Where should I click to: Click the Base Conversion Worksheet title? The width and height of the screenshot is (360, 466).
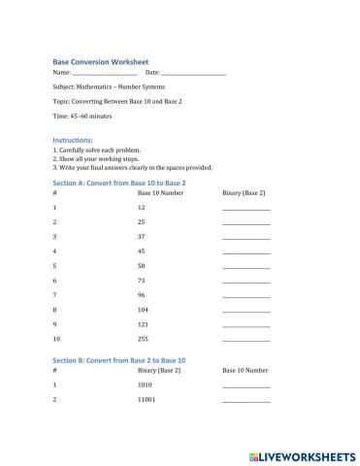tap(100, 60)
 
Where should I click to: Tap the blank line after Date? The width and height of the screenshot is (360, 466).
tap(193, 74)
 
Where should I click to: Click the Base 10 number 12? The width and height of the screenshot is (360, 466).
tap(142, 208)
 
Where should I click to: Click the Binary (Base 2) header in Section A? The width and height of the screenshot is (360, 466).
tap(244, 193)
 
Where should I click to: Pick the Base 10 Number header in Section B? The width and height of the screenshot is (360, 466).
tap(245, 371)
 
